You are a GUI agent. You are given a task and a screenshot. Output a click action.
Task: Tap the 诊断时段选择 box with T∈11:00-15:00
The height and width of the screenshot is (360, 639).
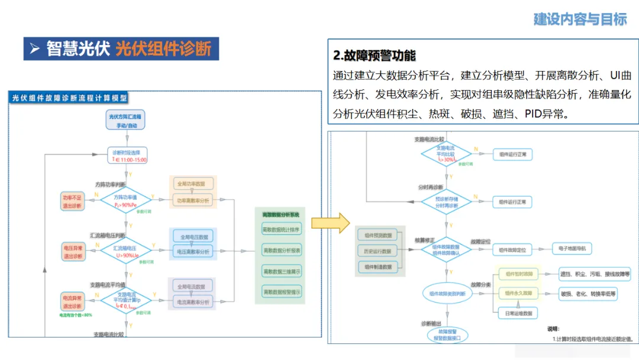(x=126, y=155)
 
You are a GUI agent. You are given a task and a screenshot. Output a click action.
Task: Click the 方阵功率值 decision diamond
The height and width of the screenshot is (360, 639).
(x=125, y=200)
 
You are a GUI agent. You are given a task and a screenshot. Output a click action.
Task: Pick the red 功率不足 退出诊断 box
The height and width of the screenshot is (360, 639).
(x=73, y=200)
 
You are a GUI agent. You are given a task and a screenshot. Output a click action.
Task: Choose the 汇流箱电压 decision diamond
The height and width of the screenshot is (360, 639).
(x=125, y=251)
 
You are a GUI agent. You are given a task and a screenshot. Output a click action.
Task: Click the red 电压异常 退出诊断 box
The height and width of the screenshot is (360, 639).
(x=73, y=251)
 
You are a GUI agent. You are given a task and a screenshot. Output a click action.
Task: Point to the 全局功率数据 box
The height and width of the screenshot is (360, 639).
(x=191, y=184)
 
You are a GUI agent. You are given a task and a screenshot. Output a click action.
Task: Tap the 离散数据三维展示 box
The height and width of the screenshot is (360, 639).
(x=281, y=271)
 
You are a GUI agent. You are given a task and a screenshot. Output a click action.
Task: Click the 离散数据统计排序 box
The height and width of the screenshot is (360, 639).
(x=281, y=229)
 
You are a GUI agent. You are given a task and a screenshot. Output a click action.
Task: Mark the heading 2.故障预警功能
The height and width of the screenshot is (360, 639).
(x=375, y=56)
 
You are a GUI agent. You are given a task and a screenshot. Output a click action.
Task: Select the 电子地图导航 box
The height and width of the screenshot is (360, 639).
(x=572, y=249)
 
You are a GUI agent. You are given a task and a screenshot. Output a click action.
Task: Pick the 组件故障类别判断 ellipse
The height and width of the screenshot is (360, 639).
(x=447, y=293)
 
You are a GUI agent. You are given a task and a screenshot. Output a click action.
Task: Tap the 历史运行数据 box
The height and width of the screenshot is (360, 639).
(x=379, y=250)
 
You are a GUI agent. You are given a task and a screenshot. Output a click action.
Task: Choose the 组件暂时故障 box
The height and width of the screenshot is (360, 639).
(x=519, y=274)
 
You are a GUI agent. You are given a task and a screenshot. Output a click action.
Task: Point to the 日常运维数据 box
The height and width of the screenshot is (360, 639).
(x=519, y=313)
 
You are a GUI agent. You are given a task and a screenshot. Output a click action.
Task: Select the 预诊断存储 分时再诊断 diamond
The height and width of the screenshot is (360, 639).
(x=447, y=202)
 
